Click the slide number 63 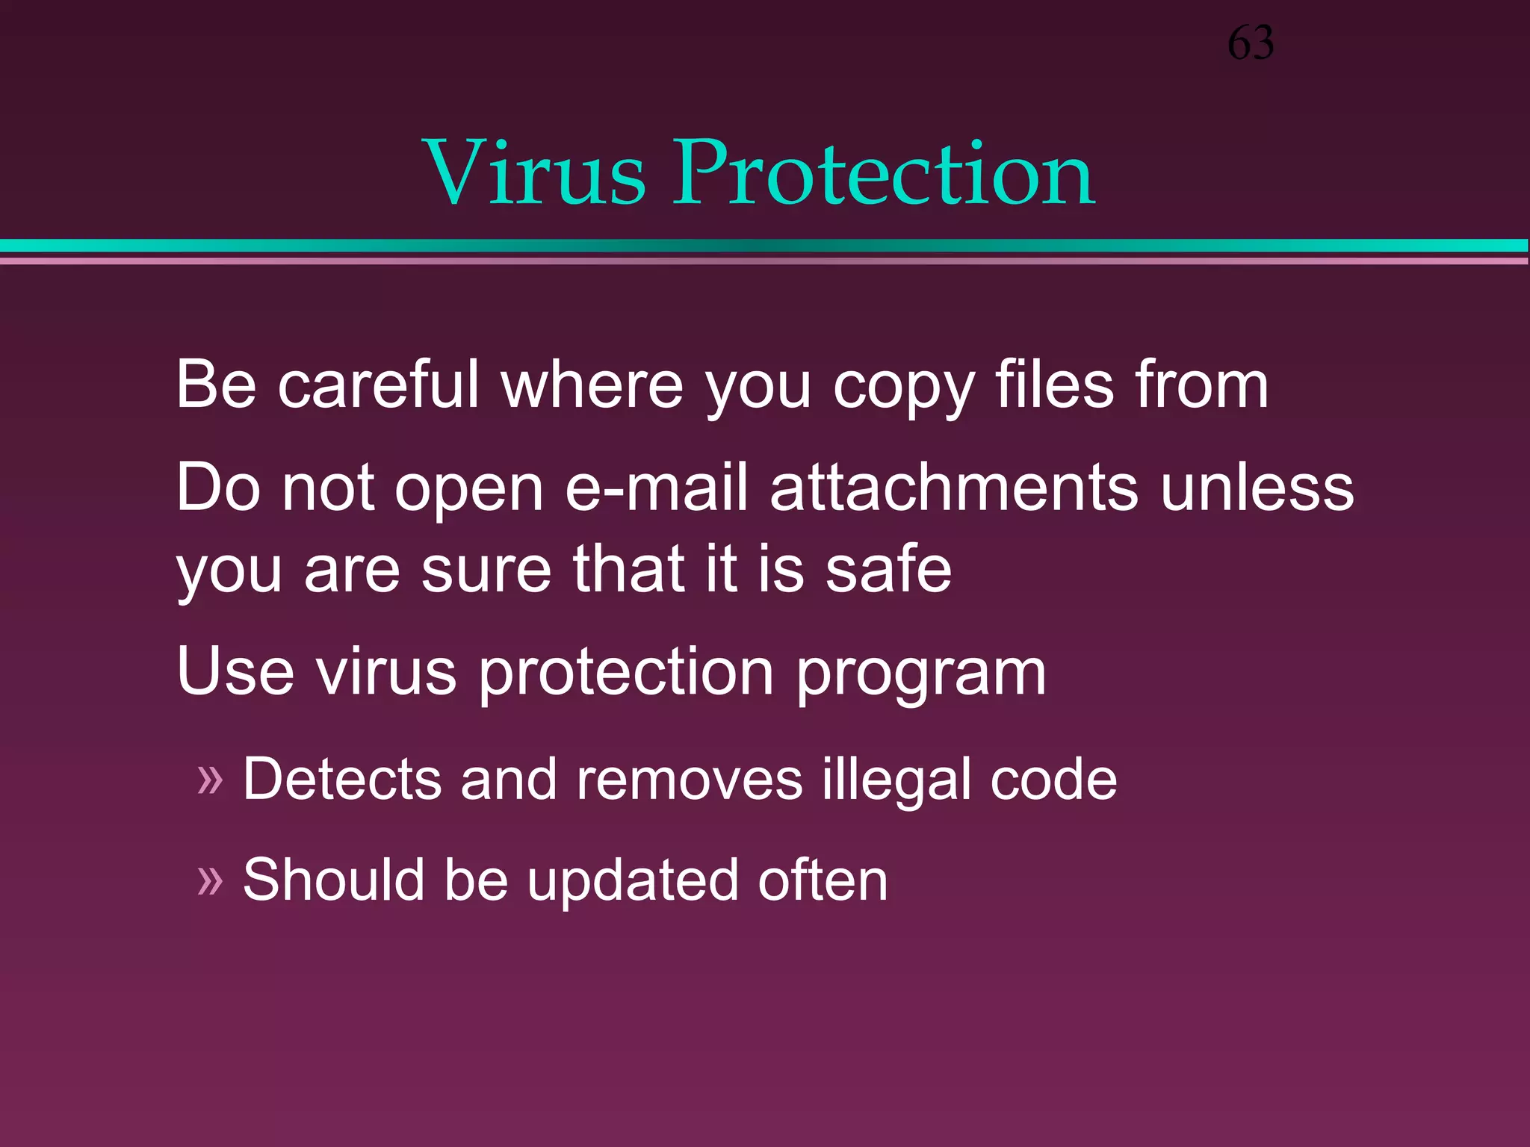tap(1251, 43)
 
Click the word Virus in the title tap(533, 173)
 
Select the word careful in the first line tap(378, 385)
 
